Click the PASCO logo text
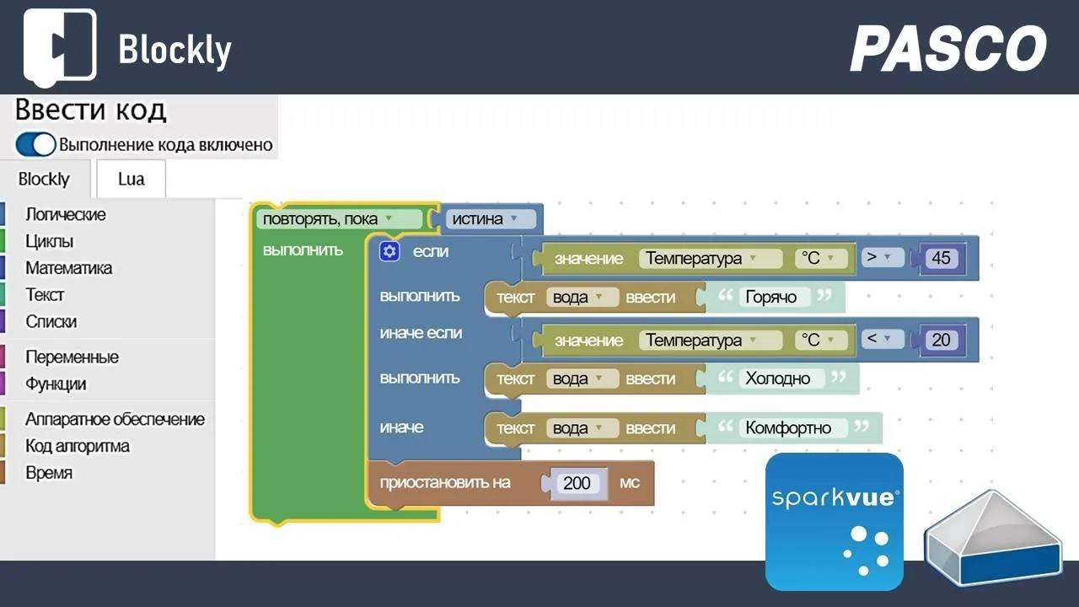(948, 48)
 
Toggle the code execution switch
(35, 144)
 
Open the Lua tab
(131, 179)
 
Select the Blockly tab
(44, 179)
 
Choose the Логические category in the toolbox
(66, 214)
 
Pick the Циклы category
(49, 241)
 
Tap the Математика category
(68, 268)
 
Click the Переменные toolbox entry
(72, 357)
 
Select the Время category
(49, 473)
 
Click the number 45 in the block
(941, 258)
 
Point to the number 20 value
(941, 340)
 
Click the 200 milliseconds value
(577, 483)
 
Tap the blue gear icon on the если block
(389, 251)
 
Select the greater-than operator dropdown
(882, 257)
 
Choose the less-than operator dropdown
(882, 339)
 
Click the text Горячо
(771, 297)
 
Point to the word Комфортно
(788, 427)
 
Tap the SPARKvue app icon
(834, 521)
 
